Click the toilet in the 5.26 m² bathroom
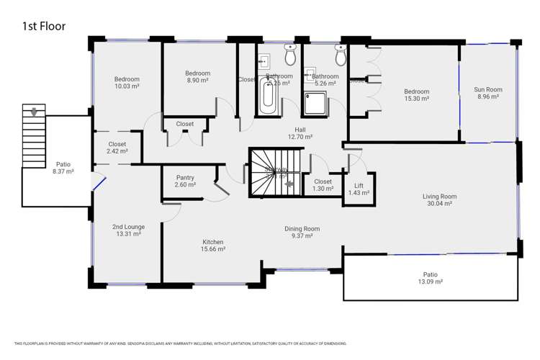tap(341, 55)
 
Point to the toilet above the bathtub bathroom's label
tap(290, 54)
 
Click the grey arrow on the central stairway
tap(289, 184)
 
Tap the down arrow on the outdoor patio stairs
tap(32, 112)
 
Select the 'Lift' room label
tap(358, 185)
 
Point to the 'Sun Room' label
tap(487, 90)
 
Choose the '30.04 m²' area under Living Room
tap(438, 204)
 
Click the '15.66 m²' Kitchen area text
tap(212, 249)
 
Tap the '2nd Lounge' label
tap(128, 227)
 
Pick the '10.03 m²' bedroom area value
tap(127, 86)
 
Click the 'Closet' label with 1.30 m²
tap(323, 181)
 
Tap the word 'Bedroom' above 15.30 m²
tap(416, 91)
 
